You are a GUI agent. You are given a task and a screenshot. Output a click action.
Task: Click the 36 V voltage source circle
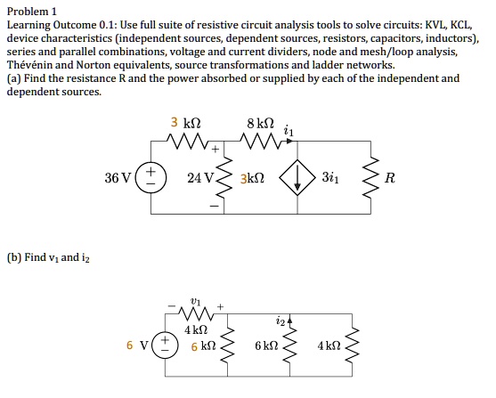click(x=151, y=176)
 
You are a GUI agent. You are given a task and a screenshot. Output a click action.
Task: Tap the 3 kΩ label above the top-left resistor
click(x=182, y=122)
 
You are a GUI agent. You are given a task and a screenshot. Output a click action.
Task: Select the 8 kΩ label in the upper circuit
click(x=260, y=122)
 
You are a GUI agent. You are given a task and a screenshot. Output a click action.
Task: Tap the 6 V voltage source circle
click(x=163, y=345)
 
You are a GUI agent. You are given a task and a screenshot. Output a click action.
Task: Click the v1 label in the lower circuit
click(x=195, y=301)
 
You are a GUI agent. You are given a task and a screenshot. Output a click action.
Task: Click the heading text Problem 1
click(x=31, y=11)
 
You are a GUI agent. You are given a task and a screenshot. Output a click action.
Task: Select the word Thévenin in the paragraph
click(x=32, y=65)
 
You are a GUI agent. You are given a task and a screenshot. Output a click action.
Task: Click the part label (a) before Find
click(x=15, y=78)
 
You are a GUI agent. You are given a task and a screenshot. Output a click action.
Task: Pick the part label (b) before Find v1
click(x=15, y=257)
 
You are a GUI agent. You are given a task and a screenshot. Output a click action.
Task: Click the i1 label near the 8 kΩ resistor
click(x=287, y=131)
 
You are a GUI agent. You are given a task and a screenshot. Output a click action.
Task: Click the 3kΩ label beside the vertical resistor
click(x=252, y=178)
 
